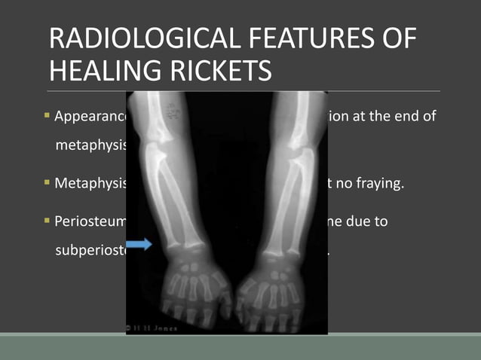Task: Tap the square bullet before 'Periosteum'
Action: point(47,224)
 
